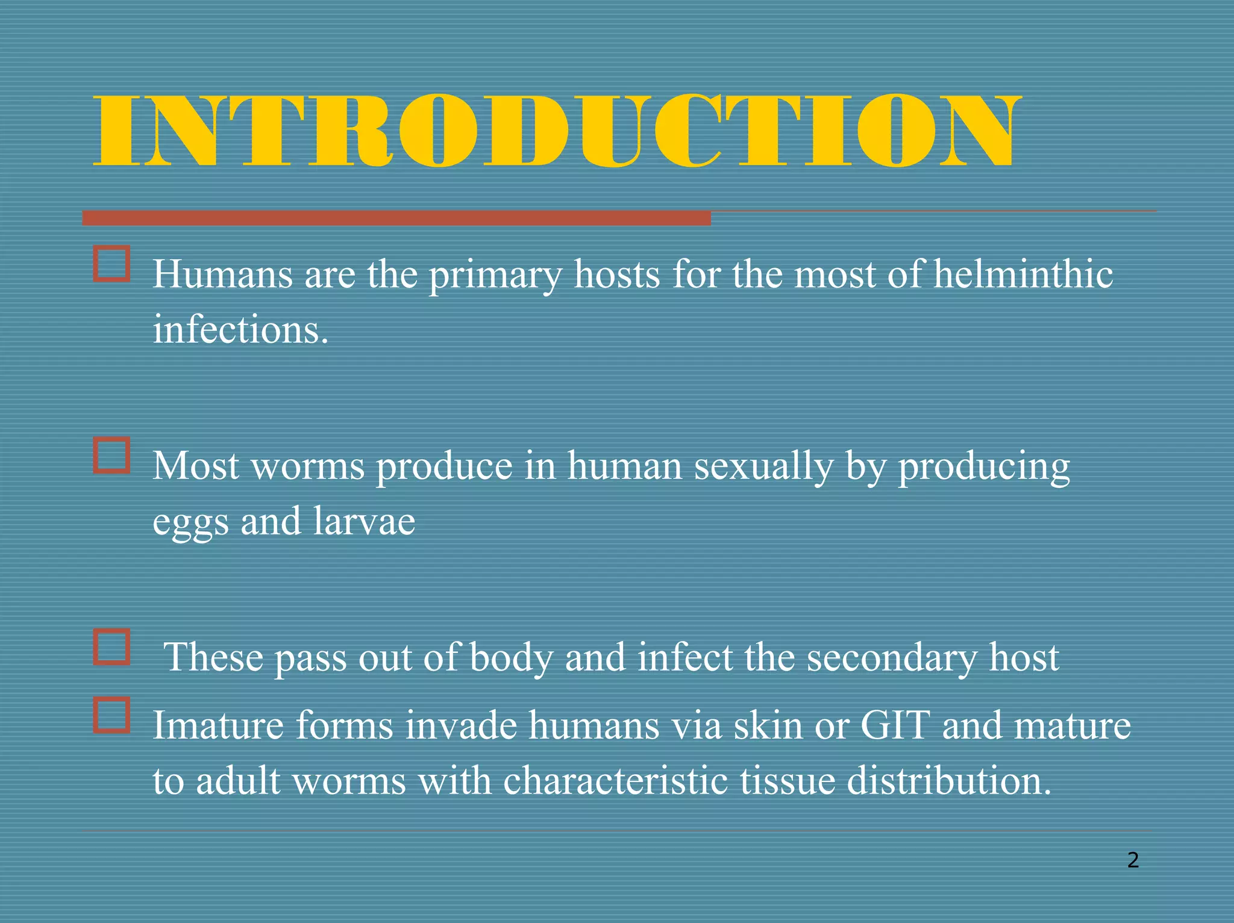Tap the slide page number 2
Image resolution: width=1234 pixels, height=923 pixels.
pyautogui.click(x=1133, y=860)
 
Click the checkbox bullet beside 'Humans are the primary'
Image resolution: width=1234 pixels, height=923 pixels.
pyautogui.click(x=112, y=263)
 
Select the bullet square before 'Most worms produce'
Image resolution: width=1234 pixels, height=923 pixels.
pyautogui.click(x=112, y=455)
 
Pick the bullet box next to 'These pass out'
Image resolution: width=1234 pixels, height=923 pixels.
pyautogui.click(x=112, y=647)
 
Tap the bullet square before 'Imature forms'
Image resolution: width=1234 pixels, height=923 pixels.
pyautogui.click(x=112, y=715)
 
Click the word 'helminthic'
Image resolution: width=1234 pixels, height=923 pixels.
pyautogui.click(x=1023, y=274)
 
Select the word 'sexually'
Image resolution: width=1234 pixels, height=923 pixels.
pyautogui.click(x=763, y=466)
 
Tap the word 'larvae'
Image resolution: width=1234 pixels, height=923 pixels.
pyautogui.click(x=364, y=521)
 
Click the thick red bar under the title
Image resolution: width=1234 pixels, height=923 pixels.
pyautogui.click(x=396, y=218)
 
